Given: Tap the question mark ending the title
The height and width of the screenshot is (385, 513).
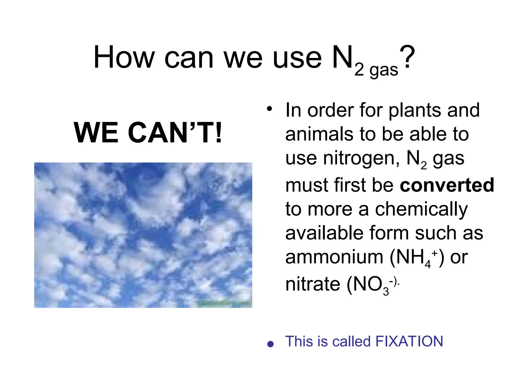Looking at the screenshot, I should point(407,57).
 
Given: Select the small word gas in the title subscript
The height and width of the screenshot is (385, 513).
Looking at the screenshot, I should point(384,70).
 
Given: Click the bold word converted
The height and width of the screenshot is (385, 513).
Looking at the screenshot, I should point(447,185).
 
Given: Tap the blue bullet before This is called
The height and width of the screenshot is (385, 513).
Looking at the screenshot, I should point(270,344).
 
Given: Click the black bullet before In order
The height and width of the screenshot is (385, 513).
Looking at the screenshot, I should point(269,109).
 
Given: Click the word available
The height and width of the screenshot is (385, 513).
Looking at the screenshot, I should point(324,233).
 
